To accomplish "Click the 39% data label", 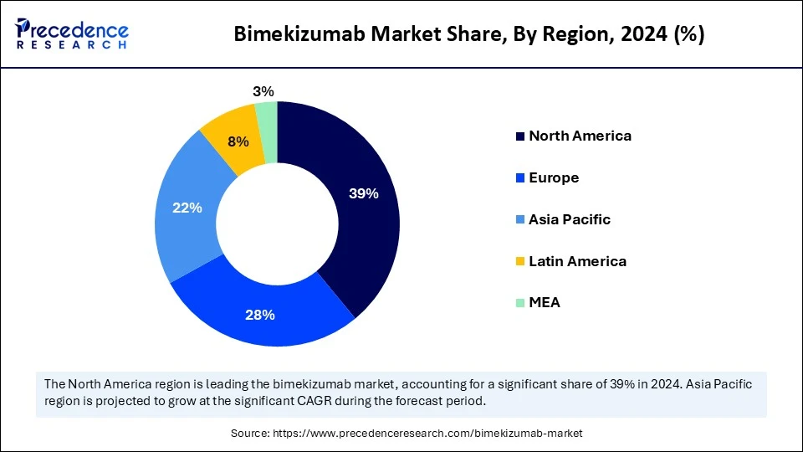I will click(364, 193).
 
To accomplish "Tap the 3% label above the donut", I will click(263, 91).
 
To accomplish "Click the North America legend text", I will click(580, 136).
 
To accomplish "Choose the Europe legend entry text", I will click(554, 177).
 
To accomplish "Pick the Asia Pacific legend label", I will click(570, 219).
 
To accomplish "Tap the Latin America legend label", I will click(577, 261).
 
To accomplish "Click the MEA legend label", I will click(545, 302).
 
